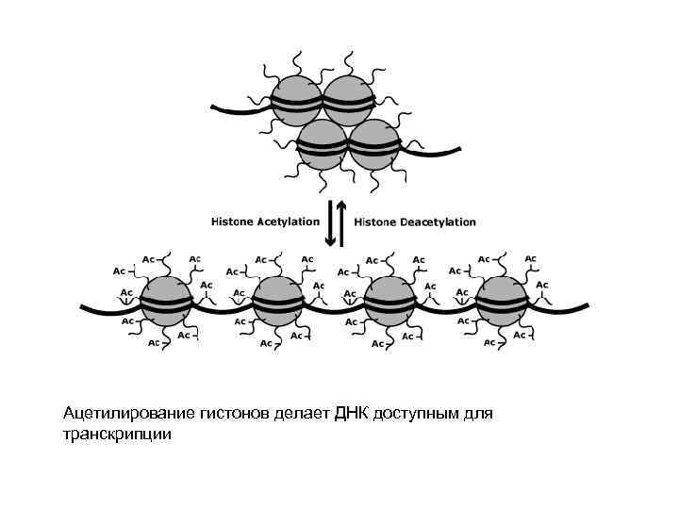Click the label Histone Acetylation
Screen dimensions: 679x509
(x=265, y=222)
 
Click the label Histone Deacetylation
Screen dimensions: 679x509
(x=415, y=222)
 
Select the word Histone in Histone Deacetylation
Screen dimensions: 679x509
(x=375, y=222)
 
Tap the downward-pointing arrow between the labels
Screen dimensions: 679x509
(x=329, y=223)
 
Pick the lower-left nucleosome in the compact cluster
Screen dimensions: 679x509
(x=323, y=143)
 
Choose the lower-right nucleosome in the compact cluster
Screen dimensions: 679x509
(x=374, y=143)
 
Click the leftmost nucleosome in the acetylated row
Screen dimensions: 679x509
(x=168, y=302)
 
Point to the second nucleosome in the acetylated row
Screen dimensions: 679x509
(x=279, y=302)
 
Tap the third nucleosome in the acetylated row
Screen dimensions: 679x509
(x=390, y=302)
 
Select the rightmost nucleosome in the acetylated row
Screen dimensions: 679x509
(x=502, y=302)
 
